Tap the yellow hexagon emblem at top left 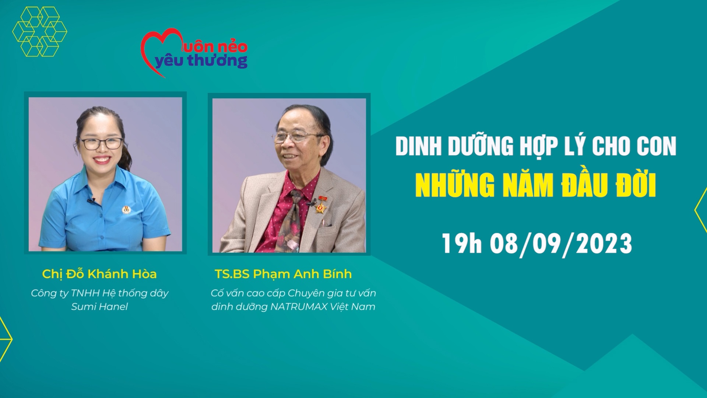point(39,32)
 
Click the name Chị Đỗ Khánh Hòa point(99,274)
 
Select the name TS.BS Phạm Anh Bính point(283,274)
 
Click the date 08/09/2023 point(561,244)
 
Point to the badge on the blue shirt point(125,210)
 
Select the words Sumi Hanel point(99,307)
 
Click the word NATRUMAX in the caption point(299,307)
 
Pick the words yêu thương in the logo point(201,61)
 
